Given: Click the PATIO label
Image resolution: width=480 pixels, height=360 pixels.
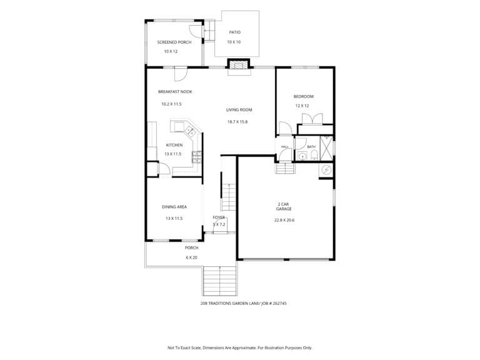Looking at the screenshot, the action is [x=235, y=32].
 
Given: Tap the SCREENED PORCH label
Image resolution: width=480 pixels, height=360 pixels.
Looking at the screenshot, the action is [x=174, y=42].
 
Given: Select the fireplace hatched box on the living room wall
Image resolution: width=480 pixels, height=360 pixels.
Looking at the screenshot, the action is [x=239, y=65].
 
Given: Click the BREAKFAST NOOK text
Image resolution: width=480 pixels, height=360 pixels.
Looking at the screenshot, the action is [x=175, y=91].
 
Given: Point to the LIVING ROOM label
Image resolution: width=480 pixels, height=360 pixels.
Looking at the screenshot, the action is [x=239, y=109].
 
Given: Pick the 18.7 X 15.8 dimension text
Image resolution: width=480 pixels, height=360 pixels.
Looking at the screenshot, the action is [x=237, y=121].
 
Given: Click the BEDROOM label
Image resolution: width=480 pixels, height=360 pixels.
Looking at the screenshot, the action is [x=303, y=96].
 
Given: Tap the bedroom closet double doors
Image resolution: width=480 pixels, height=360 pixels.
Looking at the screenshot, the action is [x=312, y=119].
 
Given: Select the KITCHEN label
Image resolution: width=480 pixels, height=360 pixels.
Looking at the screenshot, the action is [x=174, y=145].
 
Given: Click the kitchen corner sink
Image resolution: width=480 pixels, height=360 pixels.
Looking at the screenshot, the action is [x=190, y=131].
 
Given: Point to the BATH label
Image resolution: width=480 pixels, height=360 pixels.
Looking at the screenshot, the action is [x=311, y=147].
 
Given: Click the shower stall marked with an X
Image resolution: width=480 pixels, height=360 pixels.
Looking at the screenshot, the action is [x=326, y=149].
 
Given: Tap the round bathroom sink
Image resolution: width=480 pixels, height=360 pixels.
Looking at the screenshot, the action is [x=302, y=157].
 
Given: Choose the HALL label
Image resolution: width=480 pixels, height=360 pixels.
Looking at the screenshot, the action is [x=285, y=147].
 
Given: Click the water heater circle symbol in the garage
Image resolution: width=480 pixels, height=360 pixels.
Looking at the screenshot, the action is [x=327, y=169].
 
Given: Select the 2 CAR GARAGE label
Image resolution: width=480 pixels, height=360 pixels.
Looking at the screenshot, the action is [x=284, y=207].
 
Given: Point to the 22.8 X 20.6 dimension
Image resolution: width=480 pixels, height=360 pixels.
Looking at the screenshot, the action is [x=284, y=220].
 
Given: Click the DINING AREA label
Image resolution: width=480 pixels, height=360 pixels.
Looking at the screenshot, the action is [x=174, y=207].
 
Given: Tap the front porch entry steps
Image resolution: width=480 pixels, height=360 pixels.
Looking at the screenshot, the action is [x=220, y=281].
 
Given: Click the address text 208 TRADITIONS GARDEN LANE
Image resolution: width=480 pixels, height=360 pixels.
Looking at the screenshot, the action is [x=230, y=304].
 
